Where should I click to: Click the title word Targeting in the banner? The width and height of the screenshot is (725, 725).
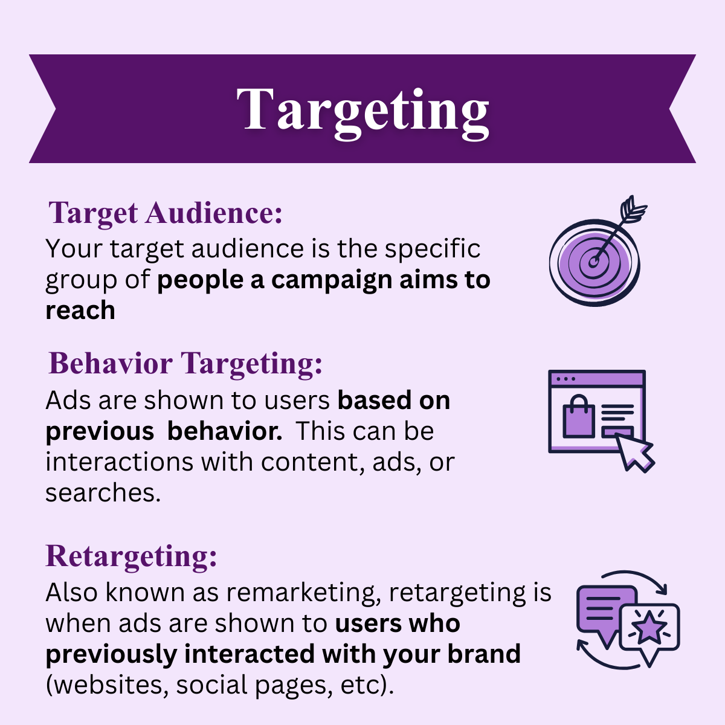(x=362, y=110)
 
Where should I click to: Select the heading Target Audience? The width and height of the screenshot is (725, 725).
(x=165, y=213)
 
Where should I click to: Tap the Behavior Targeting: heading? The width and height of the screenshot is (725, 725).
(x=185, y=364)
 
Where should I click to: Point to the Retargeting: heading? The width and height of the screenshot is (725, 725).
(x=131, y=556)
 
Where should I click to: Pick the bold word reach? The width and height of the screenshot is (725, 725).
(x=80, y=311)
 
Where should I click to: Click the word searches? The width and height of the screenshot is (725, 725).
(x=103, y=493)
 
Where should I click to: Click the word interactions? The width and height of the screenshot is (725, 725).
(x=119, y=462)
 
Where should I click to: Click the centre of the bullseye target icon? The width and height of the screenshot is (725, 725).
(x=594, y=261)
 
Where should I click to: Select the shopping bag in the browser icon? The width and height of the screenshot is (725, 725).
(x=579, y=417)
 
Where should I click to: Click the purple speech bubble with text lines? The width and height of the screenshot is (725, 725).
(x=604, y=609)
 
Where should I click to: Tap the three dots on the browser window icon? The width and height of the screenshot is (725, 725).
(x=565, y=379)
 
